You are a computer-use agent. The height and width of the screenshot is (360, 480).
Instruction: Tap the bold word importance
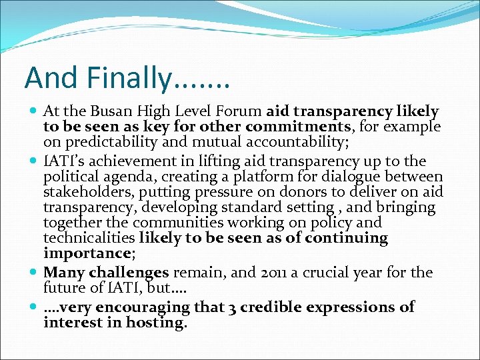coord(85,254)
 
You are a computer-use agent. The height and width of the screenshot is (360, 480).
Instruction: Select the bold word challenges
coord(128,273)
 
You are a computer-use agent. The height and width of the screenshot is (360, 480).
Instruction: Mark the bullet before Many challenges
coord(33,273)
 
